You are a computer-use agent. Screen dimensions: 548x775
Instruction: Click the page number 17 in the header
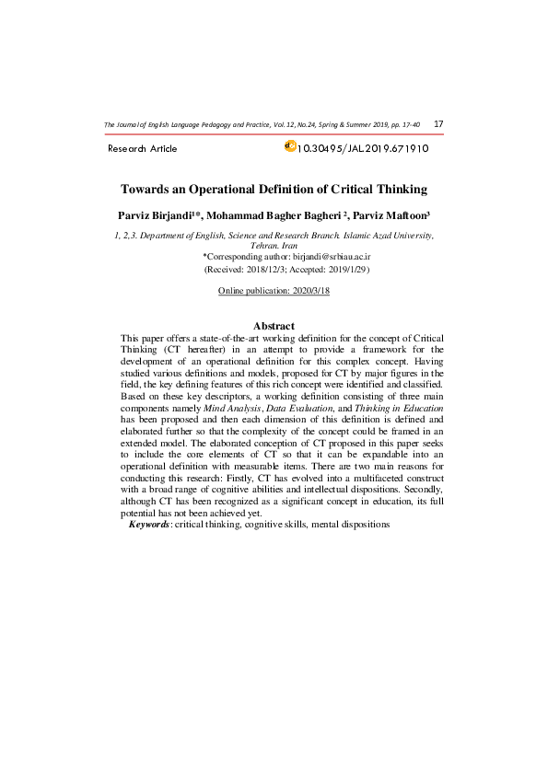pos(438,124)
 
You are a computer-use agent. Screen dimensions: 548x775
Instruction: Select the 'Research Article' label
pos(143,149)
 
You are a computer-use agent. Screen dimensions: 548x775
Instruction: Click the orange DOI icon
pos(291,145)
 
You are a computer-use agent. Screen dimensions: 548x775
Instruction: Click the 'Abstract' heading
pos(274,326)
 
